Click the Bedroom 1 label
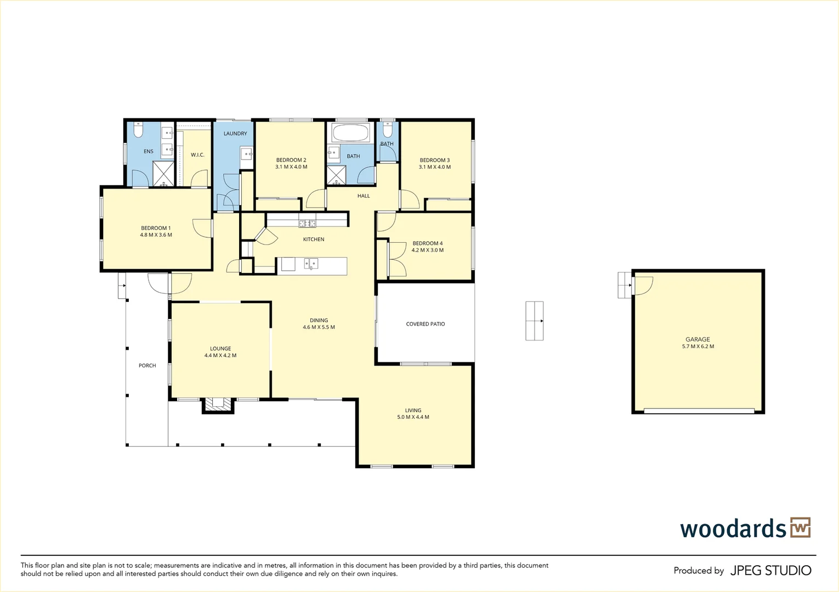(156, 228)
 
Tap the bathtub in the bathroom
(350, 133)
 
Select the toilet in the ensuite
(138, 129)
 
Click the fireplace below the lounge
(218, 405)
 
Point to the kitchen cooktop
(307, 224)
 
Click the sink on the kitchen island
(311, 264)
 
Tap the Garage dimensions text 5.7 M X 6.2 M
(698, 346)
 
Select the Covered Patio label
(426, 324)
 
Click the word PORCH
(147, 366)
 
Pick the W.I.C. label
(197, 155)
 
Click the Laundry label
(235, 133)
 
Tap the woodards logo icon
(801, 527)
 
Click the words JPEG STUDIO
(771, 570)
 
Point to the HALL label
(364, 196)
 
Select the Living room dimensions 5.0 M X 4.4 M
(413, 417)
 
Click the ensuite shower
(163, 173)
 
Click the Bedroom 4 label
(427, 243)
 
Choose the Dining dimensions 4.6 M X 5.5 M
(319, 327)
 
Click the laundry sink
(246, 153)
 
